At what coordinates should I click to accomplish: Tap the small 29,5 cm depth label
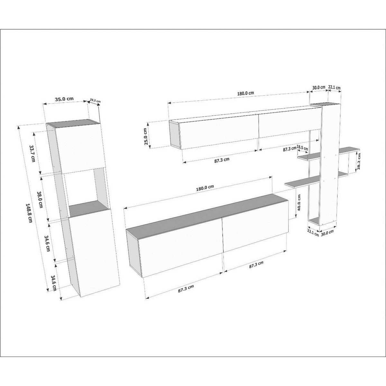95,100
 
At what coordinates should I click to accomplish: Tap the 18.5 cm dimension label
302,148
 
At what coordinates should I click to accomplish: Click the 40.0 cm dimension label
299,202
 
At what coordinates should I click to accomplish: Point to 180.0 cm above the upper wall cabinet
245,93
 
